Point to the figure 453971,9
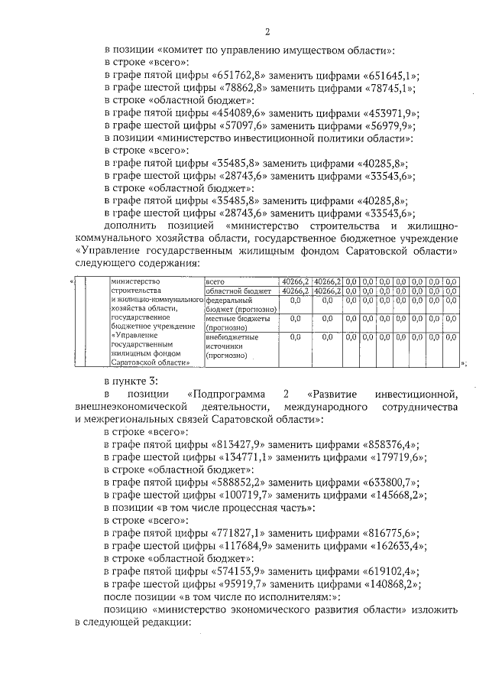pyautogui.click(x=390, y=113)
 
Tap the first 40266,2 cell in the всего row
pyautogui.click(x=295, y=281)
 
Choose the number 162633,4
pyautogui.click(x=397, y=546)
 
